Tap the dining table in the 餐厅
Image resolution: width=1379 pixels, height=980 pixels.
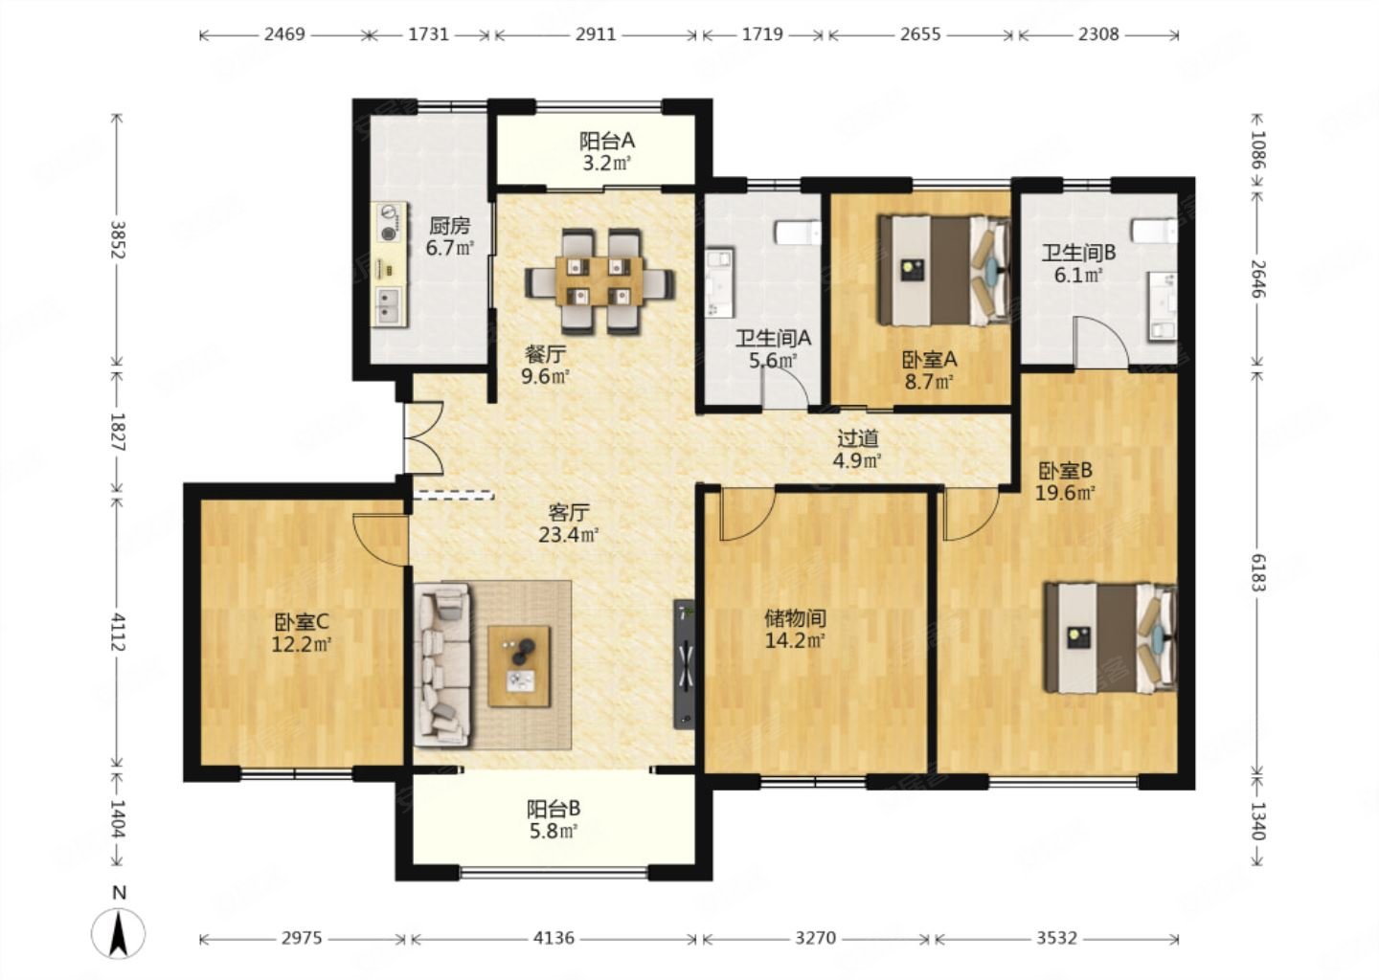599,281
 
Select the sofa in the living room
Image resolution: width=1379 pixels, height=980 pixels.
442,664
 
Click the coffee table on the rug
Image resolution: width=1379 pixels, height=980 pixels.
519,667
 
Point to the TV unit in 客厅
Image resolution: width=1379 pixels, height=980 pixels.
685,664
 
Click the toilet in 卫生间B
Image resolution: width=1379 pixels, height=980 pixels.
1154,231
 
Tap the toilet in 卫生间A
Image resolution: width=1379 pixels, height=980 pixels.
798,234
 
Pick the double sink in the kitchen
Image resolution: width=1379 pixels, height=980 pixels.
388,307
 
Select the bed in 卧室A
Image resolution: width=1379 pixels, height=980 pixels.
944,270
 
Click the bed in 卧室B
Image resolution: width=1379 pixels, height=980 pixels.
1111,638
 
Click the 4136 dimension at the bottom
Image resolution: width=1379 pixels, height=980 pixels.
554,938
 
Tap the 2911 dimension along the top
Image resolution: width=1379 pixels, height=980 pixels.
596,33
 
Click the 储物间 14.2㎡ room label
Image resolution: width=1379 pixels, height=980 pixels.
795,630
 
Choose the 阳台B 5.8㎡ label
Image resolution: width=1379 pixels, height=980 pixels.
553,819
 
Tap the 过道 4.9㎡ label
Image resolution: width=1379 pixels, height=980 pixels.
857,449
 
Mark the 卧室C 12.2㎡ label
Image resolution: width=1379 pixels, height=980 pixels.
302,634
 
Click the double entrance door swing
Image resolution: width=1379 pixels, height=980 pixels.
423,438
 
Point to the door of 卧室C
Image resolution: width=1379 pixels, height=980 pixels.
381,539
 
